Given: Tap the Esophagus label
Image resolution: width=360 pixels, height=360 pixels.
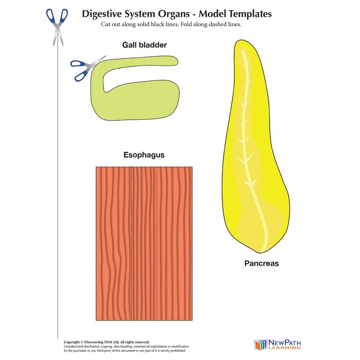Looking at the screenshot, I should tap(144, 155).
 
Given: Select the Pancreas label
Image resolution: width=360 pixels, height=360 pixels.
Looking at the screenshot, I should tap(261, 263).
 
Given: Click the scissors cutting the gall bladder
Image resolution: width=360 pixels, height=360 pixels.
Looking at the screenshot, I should tap(85, 67).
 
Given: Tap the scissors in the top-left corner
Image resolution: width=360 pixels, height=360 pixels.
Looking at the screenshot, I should tap(56, 25).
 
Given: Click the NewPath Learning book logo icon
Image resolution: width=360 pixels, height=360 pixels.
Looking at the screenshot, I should tap(261, 344).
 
